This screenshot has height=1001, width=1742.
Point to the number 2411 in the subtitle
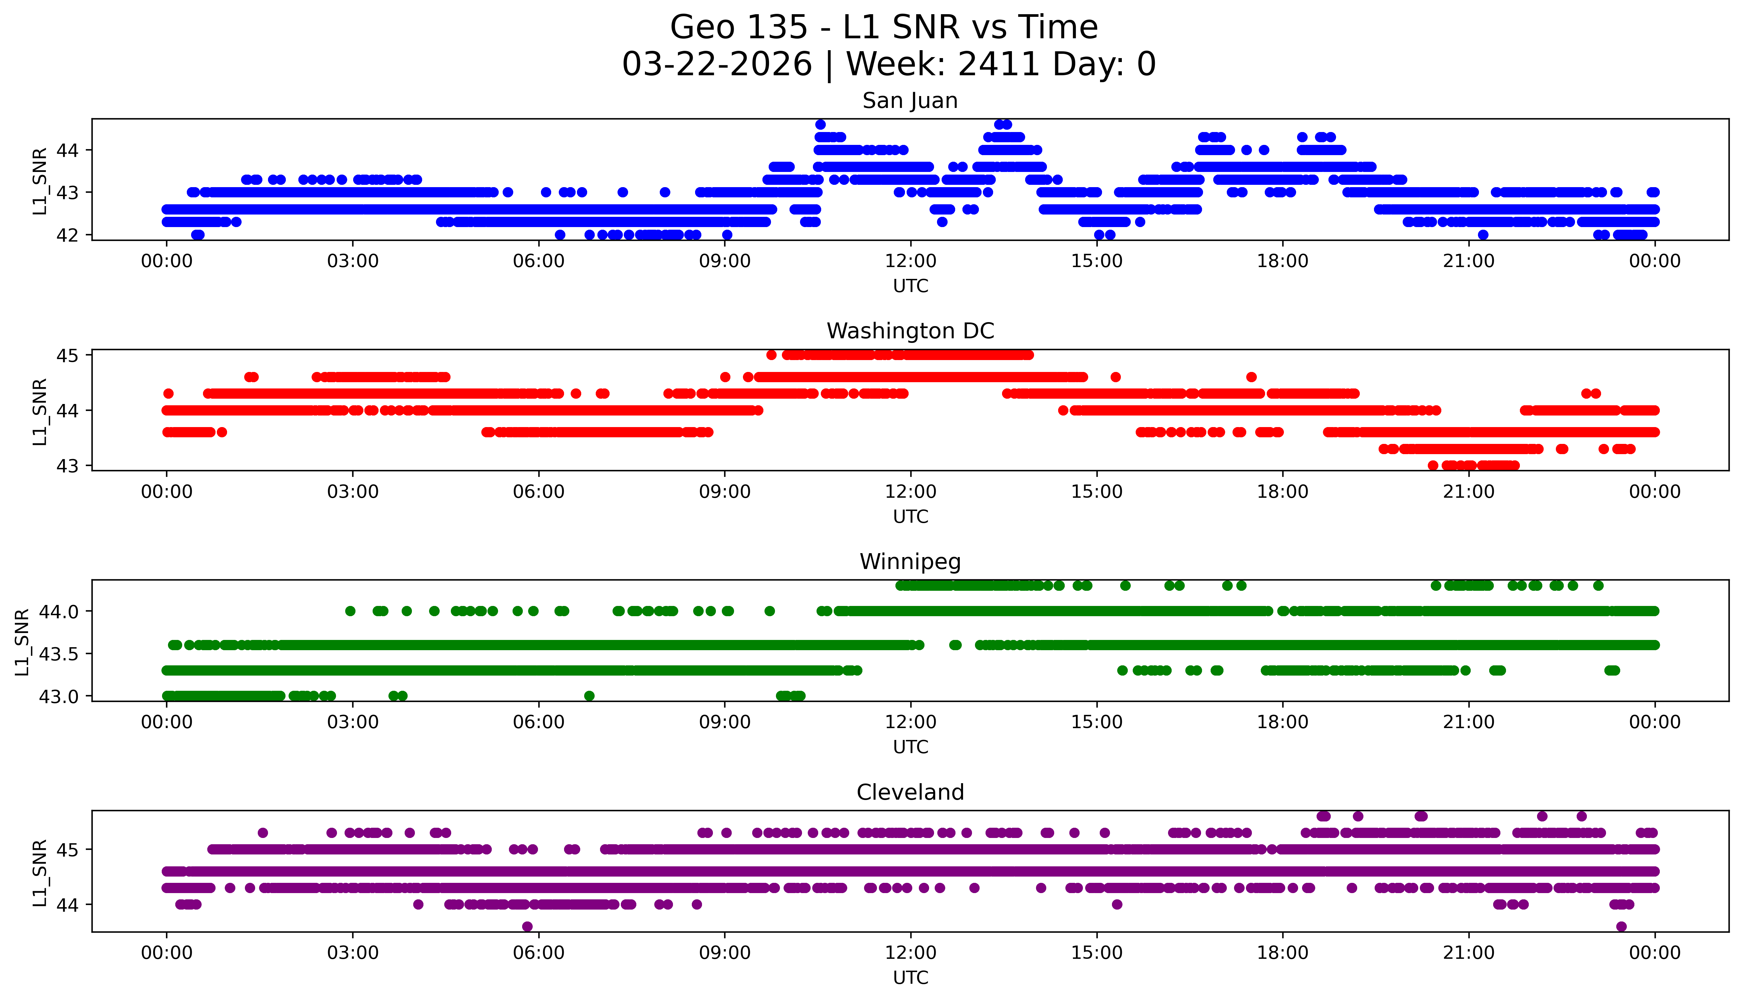998,65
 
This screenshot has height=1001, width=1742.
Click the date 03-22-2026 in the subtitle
717,65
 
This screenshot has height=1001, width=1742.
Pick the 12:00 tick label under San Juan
910,261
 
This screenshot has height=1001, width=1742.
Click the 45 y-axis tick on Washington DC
67,355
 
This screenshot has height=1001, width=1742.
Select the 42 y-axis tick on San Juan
67,235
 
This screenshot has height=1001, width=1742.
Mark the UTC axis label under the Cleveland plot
910,978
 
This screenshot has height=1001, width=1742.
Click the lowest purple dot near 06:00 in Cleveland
527,926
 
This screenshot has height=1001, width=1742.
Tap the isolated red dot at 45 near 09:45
771,355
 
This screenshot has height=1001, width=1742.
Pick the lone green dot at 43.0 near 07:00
589,696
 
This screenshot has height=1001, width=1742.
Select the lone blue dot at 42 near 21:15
1483,234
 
